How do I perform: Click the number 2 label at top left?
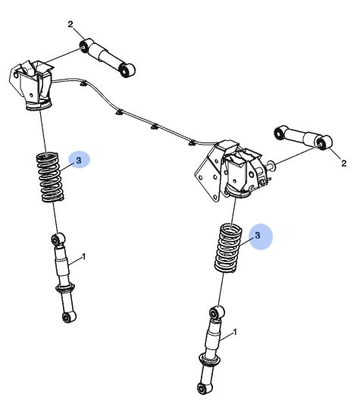point(70,25)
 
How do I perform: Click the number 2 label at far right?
point(343,162)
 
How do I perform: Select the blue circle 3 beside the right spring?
point(258,236)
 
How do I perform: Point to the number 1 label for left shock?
point(84,258)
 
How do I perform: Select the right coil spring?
point(227,247)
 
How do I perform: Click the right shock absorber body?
point(214,341)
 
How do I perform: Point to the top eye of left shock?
point(55,240)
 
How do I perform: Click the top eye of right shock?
point(216,312)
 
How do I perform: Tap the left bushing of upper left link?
point(81,49)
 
